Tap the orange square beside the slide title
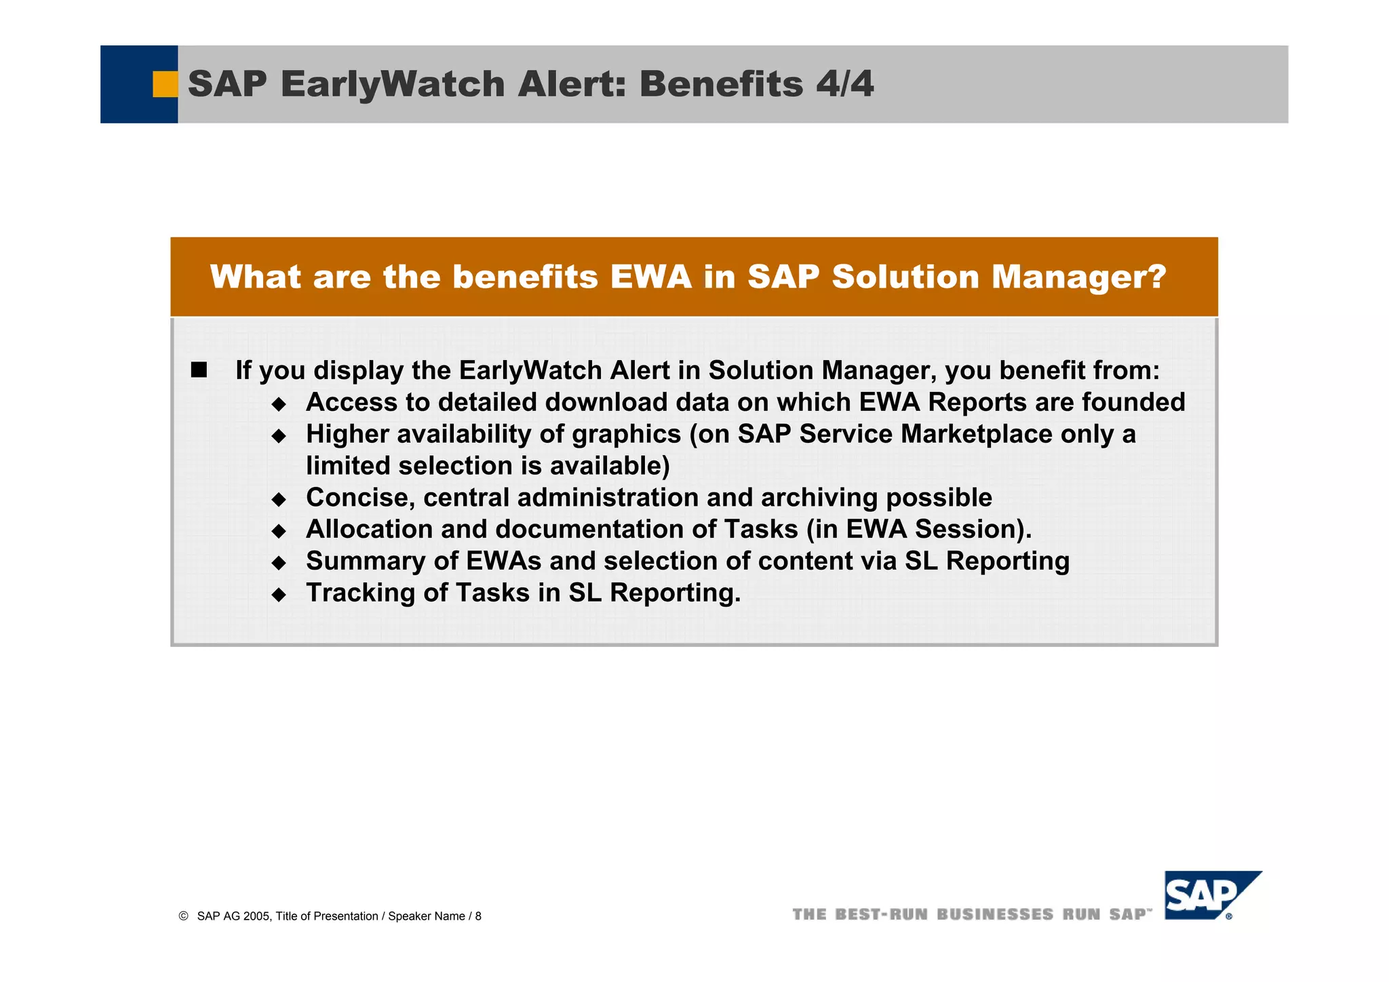click(x=165, y=84)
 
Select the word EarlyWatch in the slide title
click(x=392, y=84)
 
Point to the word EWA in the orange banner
click(x=650, y=277)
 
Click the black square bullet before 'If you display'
click(x=199, y=370)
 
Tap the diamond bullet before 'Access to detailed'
click(x=279, y=405)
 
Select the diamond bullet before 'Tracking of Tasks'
click(x=279, y=595)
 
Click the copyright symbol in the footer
click(x=183, y=916)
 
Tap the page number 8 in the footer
click(x=478, y=916)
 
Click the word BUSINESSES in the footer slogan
click(x=995, y=914)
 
